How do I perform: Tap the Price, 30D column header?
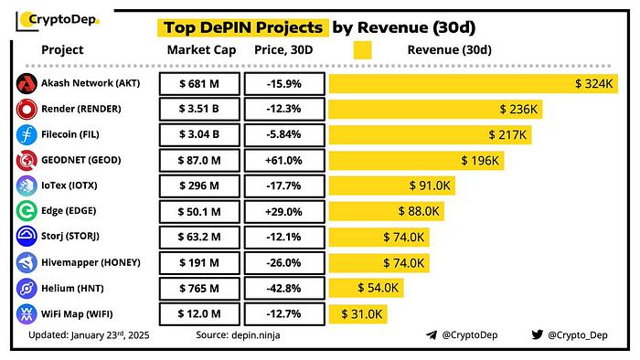click(x=283, y=49)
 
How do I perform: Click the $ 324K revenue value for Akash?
click(x=594, y=84)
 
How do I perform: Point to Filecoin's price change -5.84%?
click(x=284, y=135)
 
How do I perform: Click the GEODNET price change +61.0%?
click(x=284, y=161)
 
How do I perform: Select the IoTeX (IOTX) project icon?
click(x=26, y=186)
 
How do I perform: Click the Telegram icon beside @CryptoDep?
click(x=432, y=336)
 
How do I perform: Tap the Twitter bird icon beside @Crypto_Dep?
click(x=536, y=336)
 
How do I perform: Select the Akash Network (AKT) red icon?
click(x=26, y=84)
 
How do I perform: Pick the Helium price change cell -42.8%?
click(x=284, y=289)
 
